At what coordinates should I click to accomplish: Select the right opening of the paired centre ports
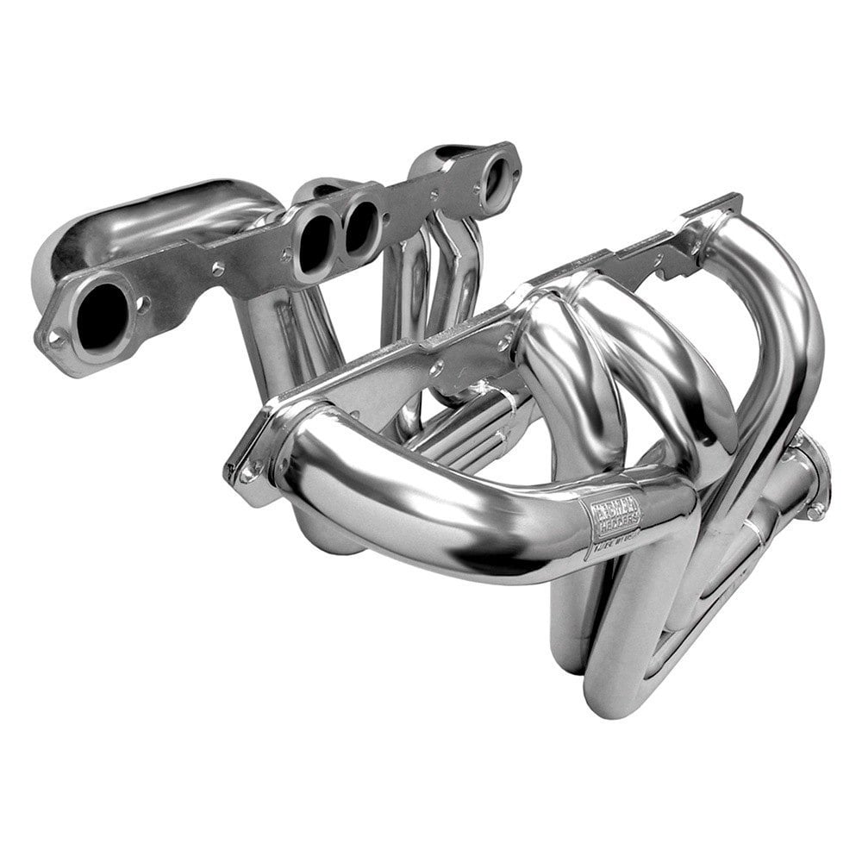[360, 225]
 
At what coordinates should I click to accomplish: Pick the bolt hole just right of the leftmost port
[143, 303]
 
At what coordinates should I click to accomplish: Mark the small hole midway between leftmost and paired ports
[217, 270]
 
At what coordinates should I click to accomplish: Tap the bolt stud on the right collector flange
[813, 510]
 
